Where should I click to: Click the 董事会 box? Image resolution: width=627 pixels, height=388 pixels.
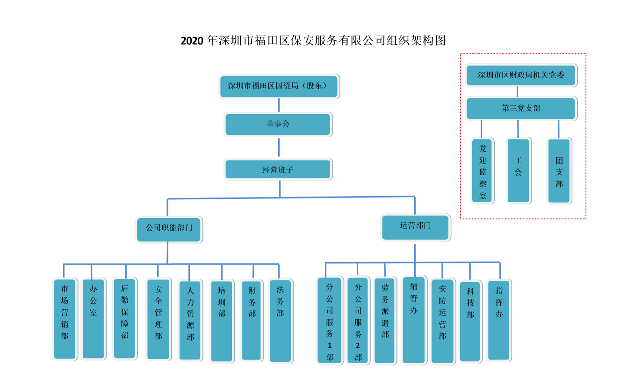[x=278, y=124]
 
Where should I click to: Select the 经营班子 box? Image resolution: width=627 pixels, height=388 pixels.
[x=278, y=169]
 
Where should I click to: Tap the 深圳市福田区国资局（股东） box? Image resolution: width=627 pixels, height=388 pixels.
[x=279, y=86]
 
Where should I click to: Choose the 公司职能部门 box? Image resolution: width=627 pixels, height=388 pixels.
[x=169, y=229]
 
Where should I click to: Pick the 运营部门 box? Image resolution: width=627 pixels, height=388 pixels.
[x=415, y=227]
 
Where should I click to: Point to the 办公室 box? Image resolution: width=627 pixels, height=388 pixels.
[x=93, y=319]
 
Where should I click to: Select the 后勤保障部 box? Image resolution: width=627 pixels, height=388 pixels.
[x=125, y=319]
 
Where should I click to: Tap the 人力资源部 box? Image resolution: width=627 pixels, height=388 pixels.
[x=190, y=320]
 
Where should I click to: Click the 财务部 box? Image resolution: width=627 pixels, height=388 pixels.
[x=252, y=320]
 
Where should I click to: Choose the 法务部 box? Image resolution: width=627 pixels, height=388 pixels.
[x=280, y=321]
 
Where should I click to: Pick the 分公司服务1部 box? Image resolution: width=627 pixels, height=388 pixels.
[x=330, y=321]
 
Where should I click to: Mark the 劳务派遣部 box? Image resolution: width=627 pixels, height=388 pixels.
[x=385, y=321]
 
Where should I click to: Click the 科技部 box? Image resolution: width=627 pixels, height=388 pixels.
[x=470, y=321]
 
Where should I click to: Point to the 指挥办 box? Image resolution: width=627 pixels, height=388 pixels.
[x=499, y=320]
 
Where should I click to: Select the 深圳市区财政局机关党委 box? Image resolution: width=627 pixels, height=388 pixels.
[x=521, y=75]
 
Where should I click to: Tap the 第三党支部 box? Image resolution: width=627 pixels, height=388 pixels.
[x=521, y=108]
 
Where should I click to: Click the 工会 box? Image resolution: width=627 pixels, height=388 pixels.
[x=518, y=170]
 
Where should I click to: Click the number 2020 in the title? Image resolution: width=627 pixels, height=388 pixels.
[x=192, y=41]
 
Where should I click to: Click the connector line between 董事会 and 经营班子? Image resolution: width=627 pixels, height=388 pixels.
[x=279, y=147]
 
